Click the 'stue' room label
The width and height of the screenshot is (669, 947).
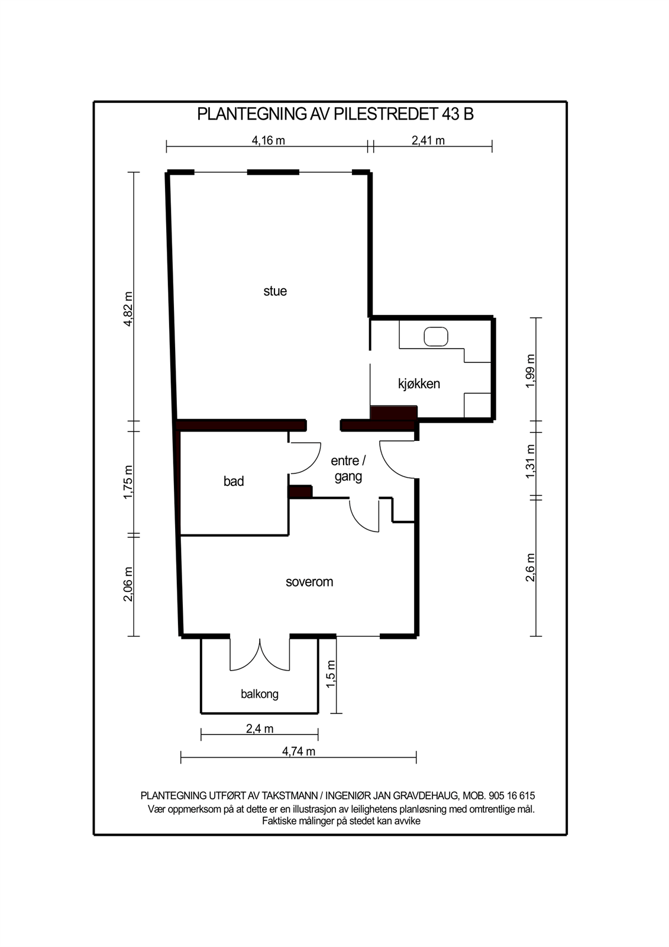274,291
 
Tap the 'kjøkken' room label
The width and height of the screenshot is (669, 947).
419,384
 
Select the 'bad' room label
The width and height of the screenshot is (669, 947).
233,481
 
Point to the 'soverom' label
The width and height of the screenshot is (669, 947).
309,582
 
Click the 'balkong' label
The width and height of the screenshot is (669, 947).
260,694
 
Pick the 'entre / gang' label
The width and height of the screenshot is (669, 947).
348,468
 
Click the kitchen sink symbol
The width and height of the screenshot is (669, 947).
436,337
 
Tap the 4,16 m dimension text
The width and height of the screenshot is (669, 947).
269,140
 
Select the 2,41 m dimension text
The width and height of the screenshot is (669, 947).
428,140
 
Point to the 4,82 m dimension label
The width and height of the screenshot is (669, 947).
128,308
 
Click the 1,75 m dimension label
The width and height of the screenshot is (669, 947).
128,482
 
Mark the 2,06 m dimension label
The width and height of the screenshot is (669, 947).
128,584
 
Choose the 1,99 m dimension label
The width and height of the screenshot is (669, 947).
531,371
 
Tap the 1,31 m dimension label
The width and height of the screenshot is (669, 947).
531,461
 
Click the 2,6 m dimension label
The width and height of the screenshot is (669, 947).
531,568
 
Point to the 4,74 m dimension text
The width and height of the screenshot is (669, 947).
299,751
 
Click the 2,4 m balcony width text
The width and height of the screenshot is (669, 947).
260,729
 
